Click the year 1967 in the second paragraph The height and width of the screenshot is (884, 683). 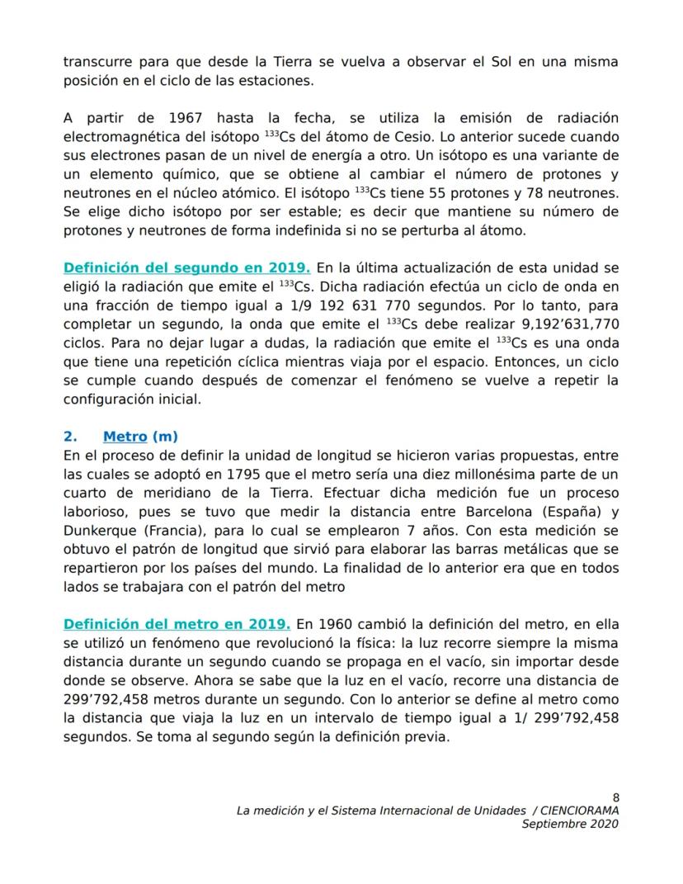coord(181,118)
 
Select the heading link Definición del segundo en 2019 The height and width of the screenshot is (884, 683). coord(187,267)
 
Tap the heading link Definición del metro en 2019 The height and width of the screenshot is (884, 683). coord(177,623)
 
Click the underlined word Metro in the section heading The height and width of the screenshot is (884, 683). coord(125,437)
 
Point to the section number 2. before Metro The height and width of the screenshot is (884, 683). coord(70,437)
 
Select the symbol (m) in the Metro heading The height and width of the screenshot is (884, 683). coord(165,437)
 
